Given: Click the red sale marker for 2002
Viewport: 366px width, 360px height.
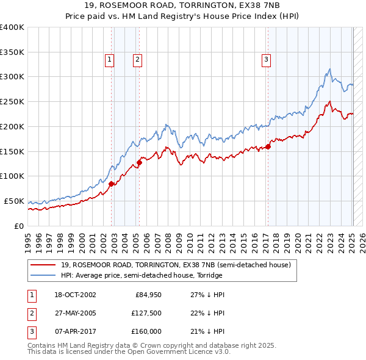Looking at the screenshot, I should pos(112,184).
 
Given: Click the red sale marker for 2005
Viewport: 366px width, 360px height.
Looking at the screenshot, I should pos(139,162).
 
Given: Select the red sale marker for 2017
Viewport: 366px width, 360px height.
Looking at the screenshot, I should pos(268,146).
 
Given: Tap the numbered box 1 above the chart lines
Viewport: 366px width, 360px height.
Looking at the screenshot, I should pos(109,59).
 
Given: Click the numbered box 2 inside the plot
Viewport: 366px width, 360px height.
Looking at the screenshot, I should pos(138,59).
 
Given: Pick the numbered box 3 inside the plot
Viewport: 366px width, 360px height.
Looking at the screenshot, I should pos(267,59).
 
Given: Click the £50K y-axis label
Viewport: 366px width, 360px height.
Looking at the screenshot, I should pos(14,201).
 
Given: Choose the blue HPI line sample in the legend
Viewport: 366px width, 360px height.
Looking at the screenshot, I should pos(43,275).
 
